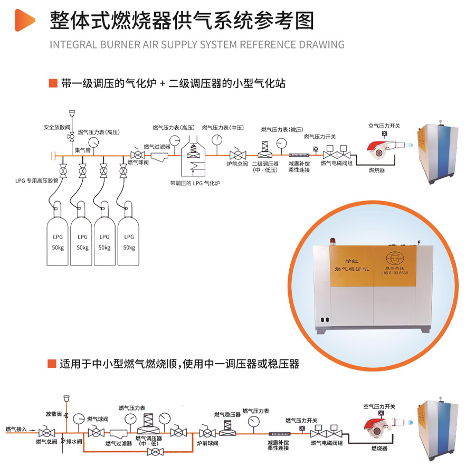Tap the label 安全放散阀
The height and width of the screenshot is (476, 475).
coord(56,127)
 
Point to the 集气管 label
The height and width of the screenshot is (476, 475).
coord(83,150)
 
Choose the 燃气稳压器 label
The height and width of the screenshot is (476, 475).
coord(227,415)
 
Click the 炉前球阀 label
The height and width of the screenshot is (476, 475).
coord(208,442)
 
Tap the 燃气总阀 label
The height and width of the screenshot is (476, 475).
coord(45,442)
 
